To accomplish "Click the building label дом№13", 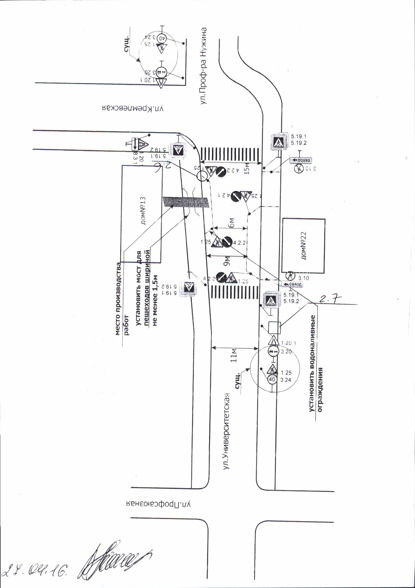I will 143,210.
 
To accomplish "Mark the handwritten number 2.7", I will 330,298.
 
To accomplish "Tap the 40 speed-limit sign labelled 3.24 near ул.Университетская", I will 272,379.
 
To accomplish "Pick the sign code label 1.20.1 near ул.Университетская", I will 288,343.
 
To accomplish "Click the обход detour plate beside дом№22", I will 292,284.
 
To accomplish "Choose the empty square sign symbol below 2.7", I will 274,328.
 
